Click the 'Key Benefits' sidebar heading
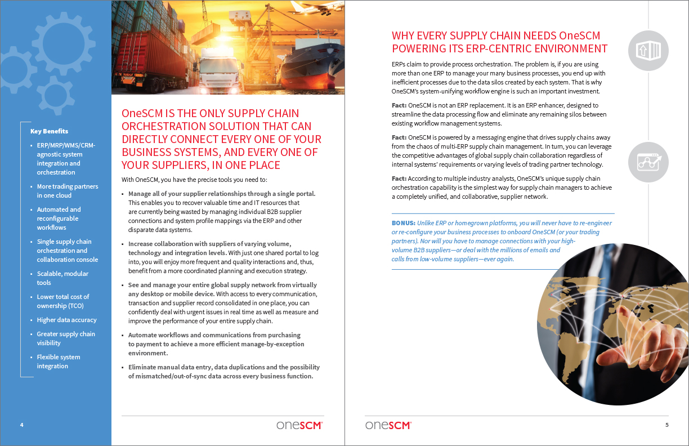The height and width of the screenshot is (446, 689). pos(49,131)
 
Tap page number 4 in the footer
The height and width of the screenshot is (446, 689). pos(21,425)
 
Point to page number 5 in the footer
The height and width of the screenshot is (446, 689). pos(667,425)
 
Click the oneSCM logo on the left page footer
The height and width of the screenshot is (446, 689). pos(299,425)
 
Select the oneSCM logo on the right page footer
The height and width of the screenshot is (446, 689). pos(388,425)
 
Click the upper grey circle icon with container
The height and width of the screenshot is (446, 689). pos(648,51)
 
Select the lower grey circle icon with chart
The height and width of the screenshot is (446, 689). pos(648,162)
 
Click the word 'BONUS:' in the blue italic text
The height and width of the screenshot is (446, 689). pos(404,223)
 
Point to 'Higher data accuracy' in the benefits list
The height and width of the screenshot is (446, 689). pos(66,320)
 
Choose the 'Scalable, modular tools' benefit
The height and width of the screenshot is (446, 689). pos(62,278)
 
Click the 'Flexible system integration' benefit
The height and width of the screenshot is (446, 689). pos(59,362)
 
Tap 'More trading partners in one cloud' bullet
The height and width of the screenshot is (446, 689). pos(67,191)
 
